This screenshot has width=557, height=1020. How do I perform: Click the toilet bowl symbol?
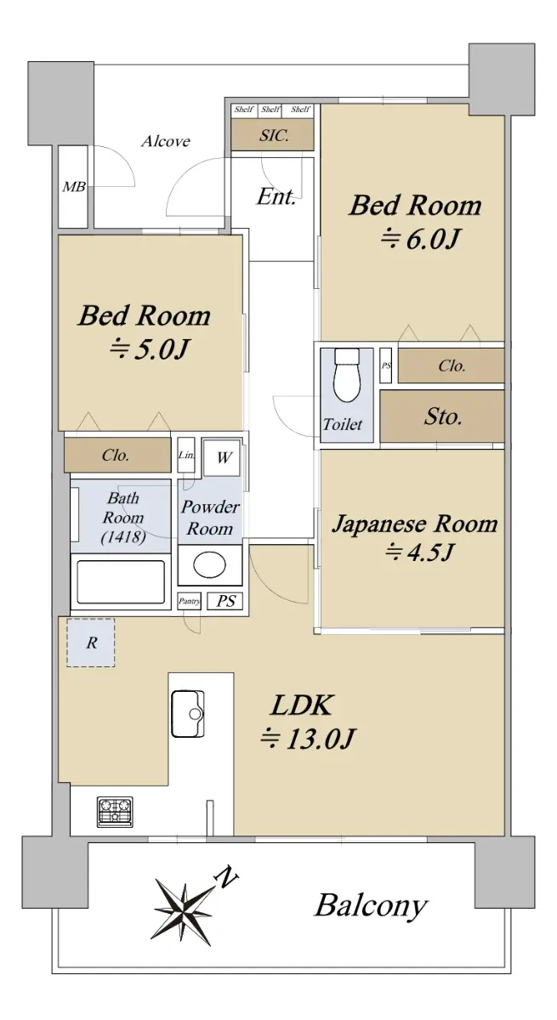click(x=347, y=375)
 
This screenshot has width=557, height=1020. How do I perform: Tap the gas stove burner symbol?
click(x=115, y=812)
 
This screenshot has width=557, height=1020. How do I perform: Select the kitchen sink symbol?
click(x=188, y=714)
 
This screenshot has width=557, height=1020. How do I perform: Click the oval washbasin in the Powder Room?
click(x=209, y=564)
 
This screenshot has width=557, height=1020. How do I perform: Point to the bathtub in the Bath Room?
click(x=121, y=583)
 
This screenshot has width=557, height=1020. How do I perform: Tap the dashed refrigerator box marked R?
click(x=91, y=643)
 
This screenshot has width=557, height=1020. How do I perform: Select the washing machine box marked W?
click(x=221, y=457)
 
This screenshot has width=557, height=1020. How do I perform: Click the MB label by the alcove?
click(x=73, y=186)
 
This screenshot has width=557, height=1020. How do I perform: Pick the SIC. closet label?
click(x=274, y=135)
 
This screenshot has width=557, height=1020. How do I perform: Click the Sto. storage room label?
click(x=443, y=416)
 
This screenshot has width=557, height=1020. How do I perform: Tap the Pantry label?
click(x=189, y=601)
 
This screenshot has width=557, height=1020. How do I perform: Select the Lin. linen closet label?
click(x=186, y=455)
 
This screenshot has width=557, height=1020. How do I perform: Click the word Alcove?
click(x=165, y=141)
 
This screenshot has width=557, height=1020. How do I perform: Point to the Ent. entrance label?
click(x=276, y=196)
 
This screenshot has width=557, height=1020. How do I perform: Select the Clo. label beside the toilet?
click(x=452, y=365)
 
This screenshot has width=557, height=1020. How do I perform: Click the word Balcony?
click(x=371, y=906)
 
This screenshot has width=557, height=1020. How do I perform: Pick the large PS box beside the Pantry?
click(x=225, y=601)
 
